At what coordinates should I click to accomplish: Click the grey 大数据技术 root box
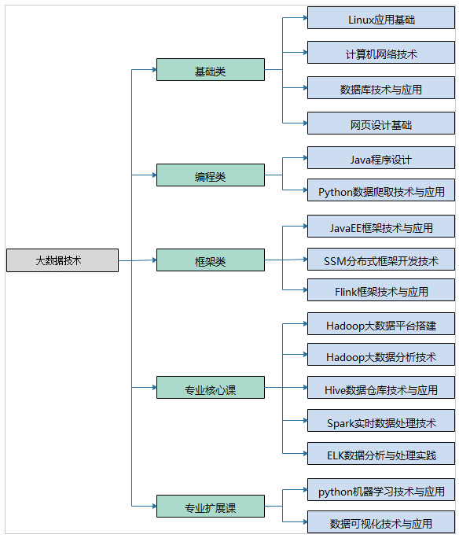tap(62, 260)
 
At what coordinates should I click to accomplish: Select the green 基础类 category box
tap(211, 70)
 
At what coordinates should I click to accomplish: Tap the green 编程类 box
tap(211, 175)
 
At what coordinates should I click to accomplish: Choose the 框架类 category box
tap(211, 260)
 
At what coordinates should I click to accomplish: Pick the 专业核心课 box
tap(211, 387)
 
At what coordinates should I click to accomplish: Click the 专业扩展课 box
tap(211, 506)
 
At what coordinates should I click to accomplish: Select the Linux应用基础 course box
tap(381, 18)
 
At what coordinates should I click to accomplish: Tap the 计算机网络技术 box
tap(381, 53)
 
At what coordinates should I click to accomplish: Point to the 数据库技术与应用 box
tap(381, 88)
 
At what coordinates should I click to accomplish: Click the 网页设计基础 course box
tap(381, 123)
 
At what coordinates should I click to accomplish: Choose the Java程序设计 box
tap(381, 158)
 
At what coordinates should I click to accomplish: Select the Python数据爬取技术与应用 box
tap(381, 190)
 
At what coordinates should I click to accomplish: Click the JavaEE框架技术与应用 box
tap(381, 226)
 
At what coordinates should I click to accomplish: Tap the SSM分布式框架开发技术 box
tap(381, 259)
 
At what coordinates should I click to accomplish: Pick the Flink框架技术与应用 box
tap(381, 290)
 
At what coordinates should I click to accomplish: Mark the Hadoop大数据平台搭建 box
tap(381, 323)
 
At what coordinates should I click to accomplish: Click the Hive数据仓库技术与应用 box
tap(381, 387)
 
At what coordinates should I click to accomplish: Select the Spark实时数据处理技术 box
tap(381, 420)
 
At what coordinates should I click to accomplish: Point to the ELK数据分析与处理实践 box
tap(381, 453)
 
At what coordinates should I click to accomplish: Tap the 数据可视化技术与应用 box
tap(381, 521)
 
